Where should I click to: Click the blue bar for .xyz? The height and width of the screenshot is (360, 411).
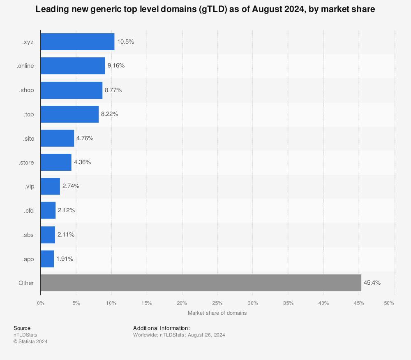(x=77, y=42)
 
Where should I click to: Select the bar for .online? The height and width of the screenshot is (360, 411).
(x=73, y=66)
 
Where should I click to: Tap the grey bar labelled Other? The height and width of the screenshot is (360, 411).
(x=201, y=283)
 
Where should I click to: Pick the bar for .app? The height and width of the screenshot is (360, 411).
(x=47, y=259)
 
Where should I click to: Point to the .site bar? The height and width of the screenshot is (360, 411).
(x=57, y=138)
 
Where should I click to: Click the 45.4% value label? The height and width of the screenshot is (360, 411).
(x=372, y=283)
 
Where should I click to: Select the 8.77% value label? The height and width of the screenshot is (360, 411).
(x=113, y=90)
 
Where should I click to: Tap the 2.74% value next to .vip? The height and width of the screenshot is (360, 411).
(x=71, y=186)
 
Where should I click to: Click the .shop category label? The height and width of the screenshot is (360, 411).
(x=26, y=90)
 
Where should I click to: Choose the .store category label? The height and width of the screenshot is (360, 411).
(x=26, y=163)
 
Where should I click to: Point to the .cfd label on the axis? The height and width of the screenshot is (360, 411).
(x=28, y=211)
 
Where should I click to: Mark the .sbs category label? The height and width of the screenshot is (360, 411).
(x=28, y=235)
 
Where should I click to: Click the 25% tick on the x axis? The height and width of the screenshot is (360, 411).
(x=217, y=303)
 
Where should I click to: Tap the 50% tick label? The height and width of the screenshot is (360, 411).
(x=389, y=303)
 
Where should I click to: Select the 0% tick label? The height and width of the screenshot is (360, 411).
(x=41, y=303)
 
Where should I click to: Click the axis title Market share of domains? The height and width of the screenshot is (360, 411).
(x=217, y=313)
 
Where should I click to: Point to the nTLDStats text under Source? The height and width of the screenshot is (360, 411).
(x=25, y=335)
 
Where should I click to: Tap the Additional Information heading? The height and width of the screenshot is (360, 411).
(x=161, y=328)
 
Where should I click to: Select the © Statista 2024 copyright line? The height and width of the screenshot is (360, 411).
(x=30, y=341)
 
